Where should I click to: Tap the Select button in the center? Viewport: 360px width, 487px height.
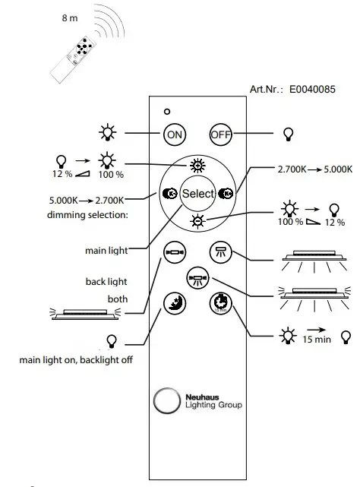pyautogui.click(x=197, y=194)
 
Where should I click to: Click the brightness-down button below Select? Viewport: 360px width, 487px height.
pyautogui.click(x=197, y=220)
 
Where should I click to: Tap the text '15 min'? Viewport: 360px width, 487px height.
pyautogui.click(x=317, y=339)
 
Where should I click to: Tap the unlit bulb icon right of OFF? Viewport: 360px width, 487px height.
pyautogui.click(x=288, y=134)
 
